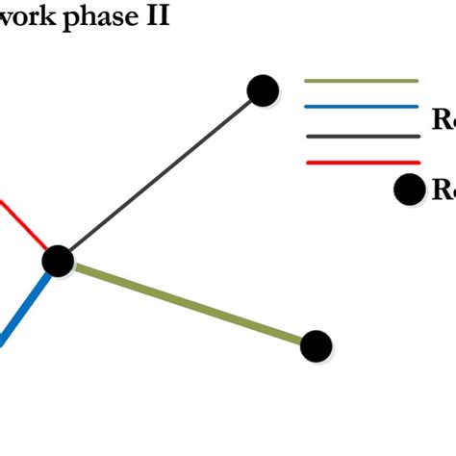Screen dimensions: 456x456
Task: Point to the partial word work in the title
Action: [x=29, y=17]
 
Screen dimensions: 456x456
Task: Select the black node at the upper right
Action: [x=263, y=90]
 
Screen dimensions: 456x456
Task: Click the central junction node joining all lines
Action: [x=58, y=260]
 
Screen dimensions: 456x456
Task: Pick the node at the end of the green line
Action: [x=316, y=345]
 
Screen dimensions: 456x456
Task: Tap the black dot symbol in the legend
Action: [x=410, y=190]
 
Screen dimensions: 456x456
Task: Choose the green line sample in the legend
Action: [x=362, y=81]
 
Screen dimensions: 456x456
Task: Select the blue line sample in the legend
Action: [x=362, y=107]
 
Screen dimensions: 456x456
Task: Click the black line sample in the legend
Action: [x=362, y=136]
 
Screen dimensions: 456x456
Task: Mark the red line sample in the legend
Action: [x=362, y=163]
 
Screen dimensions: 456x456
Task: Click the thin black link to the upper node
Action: [x=160, y=175]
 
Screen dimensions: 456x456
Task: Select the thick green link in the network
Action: [x=188, y=303]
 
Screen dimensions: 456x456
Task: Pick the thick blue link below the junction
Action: [x=25, y=306]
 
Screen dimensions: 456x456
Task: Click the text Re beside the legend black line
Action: [x=443, y=121]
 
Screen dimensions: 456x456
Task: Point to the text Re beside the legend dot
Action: [x=443, y=190]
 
